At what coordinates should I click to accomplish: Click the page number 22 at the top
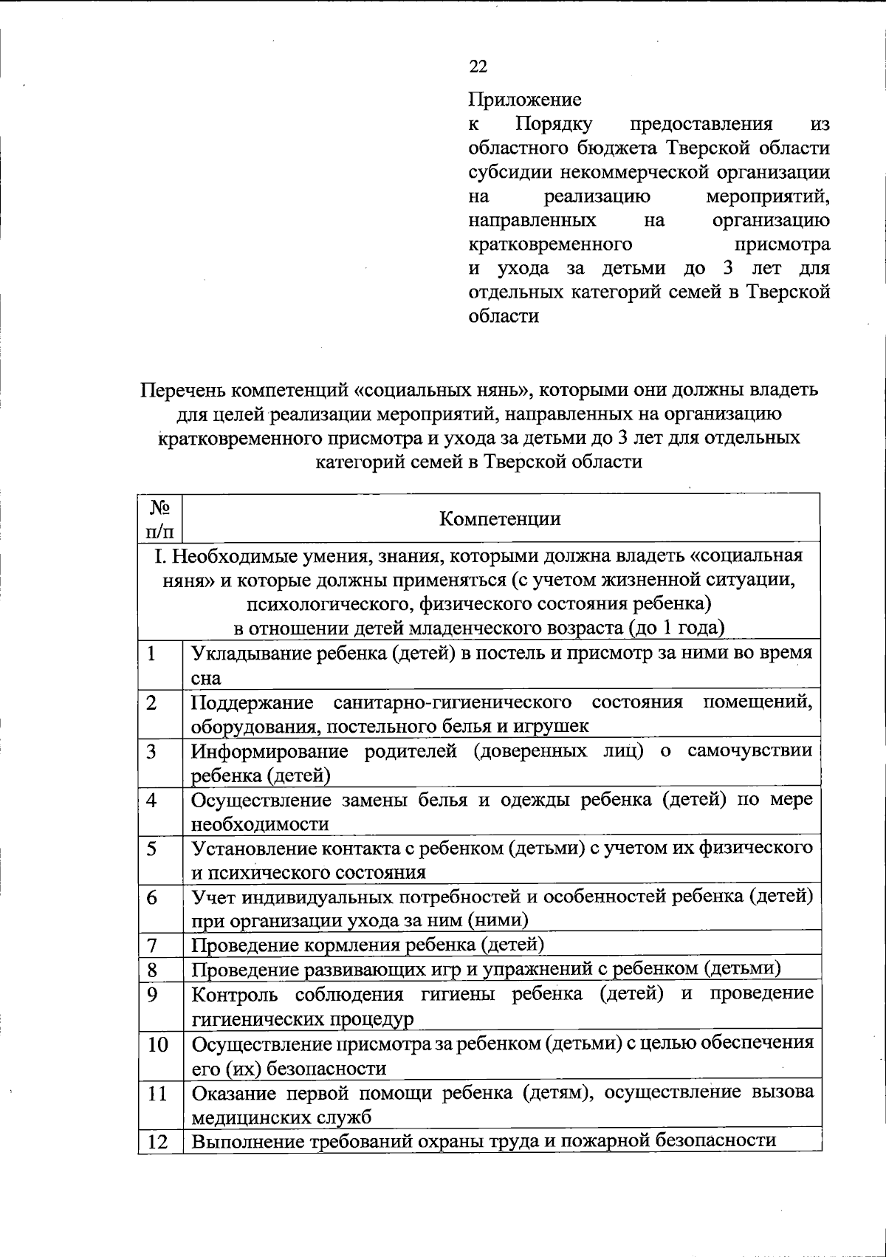coord(478,66)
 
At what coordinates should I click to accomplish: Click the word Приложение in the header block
coord(525,99)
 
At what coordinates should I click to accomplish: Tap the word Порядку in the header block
coord(558,123)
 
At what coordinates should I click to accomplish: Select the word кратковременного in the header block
coord(550,244)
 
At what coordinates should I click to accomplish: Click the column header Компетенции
coord(500,518)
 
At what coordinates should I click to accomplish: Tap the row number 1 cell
coord(152,654)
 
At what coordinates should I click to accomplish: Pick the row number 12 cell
coord(157,1141)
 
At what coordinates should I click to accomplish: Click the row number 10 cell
coord(157,1044)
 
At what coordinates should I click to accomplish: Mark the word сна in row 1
coord(206,678)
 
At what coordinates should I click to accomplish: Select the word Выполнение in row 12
coord(241,1141)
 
